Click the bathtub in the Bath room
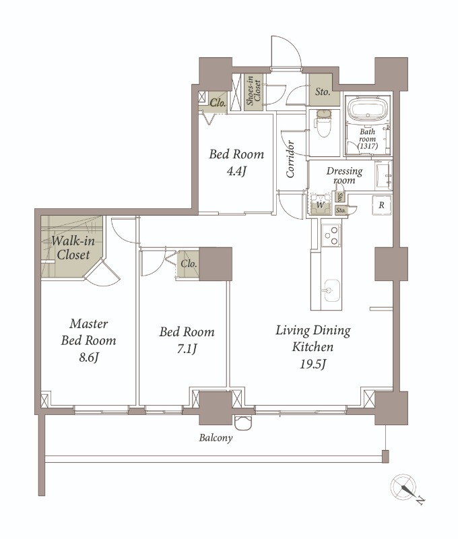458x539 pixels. [x=367, y=109]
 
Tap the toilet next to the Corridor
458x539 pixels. [x=323, y=123]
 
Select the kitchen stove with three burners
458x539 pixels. [x=331, y=234]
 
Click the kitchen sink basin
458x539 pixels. [x=331, y=291]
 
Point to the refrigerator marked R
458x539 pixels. [x=381, y=205]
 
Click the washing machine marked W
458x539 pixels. [x=321, y=205]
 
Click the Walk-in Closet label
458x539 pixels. [x=73, y=247]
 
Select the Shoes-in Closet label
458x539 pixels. [x=253, y=90]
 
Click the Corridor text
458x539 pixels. [x=290, y=159]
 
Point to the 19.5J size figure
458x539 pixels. [x=313, y=364]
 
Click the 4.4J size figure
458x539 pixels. [x=236, y=171]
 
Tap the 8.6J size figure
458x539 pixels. [x=89, y=358]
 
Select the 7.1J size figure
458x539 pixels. [x=187, y=349]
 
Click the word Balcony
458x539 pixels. [x=216, y=438]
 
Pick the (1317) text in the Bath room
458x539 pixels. [x=368, y=146]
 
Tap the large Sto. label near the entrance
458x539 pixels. [x=323, y=92]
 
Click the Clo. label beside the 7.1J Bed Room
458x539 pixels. [x=189, y=264]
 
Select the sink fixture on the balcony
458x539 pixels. [x=244, y=422]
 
